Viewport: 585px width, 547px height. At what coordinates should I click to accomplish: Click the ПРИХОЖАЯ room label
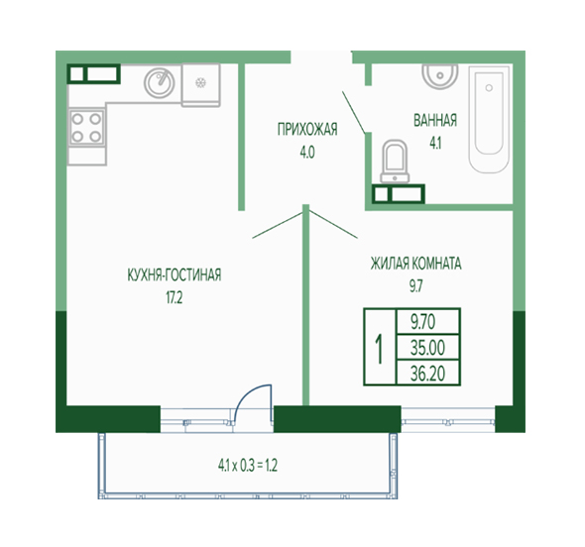307,130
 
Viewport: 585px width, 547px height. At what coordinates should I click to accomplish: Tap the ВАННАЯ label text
435,121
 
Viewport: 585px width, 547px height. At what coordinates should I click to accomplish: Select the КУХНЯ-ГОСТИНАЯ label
175,274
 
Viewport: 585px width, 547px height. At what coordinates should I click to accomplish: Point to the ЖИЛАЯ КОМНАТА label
416,264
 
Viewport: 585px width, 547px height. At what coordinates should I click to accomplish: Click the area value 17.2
175,298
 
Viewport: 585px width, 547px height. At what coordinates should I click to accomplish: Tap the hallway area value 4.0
307,153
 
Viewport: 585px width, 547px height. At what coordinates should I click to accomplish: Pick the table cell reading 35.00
428,348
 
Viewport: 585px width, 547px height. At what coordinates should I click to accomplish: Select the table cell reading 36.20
428,374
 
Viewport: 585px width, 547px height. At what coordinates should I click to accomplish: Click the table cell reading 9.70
428,321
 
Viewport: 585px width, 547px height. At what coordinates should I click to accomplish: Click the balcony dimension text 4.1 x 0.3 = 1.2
248,466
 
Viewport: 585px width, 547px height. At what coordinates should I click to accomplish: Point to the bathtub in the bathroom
489,120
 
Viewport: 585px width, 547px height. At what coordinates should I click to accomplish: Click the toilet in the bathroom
395,163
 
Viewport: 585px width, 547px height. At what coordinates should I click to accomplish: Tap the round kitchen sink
160,83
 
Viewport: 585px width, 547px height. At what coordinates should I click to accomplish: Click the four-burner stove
86,128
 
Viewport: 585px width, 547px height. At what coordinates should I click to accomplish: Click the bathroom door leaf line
354,112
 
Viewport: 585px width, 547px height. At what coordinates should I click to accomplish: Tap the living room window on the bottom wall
448,420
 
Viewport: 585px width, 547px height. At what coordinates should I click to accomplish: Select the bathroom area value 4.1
435,143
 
